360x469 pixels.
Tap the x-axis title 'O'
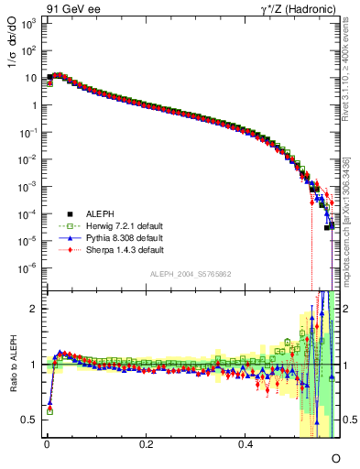(335, 457)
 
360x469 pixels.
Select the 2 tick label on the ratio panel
(33, 309)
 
